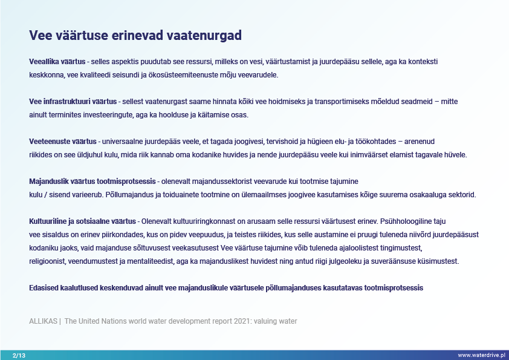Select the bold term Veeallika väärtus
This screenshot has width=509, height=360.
57,62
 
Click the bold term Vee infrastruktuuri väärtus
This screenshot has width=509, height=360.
73,102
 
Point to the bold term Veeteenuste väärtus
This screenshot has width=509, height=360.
63,142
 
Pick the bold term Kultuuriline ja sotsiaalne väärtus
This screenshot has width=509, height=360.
82,221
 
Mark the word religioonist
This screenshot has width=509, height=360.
47,261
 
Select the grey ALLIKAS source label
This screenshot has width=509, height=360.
43,321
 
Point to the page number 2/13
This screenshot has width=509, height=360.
19,355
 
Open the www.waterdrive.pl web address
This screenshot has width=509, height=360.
482,355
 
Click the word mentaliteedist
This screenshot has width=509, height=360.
151,261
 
